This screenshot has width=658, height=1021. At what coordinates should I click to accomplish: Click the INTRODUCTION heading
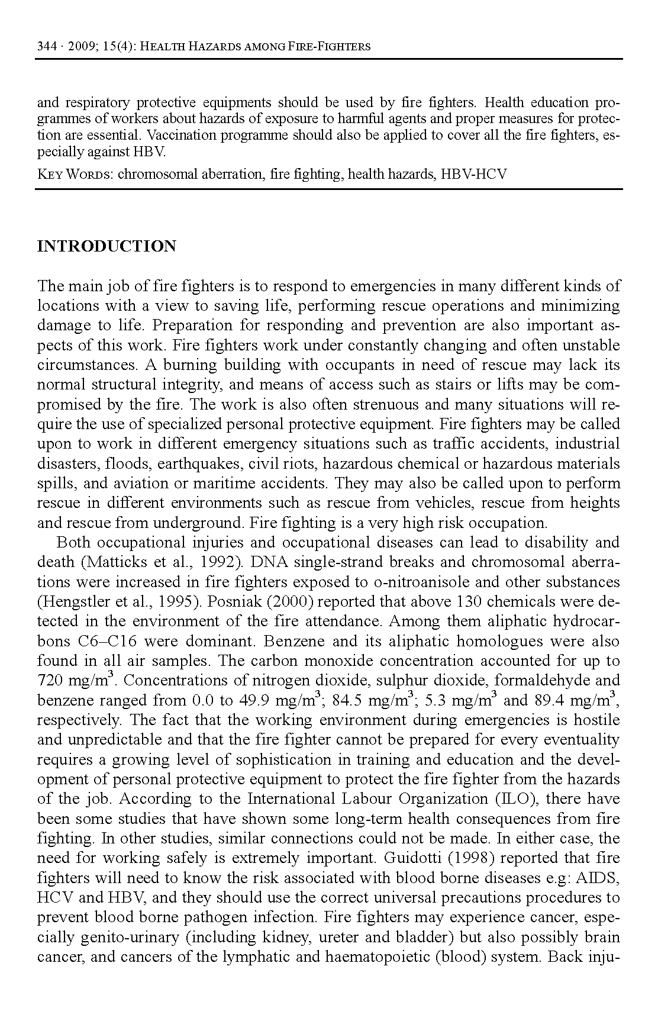pos(107,246)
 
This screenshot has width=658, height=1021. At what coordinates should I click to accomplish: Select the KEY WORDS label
pos(75,175)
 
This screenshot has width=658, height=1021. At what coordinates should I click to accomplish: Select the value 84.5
pos(347,701)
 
